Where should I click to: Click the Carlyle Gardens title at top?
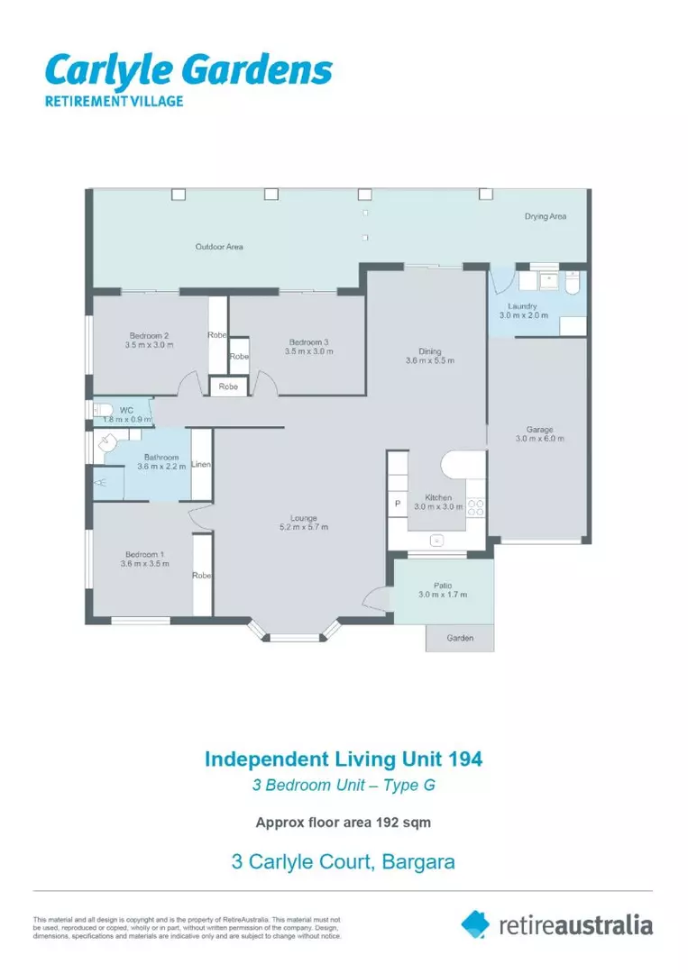pos(188,69)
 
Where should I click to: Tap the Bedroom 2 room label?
pos(149,340)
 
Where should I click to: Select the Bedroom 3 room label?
pos(308,346)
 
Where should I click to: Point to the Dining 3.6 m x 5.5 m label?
pos(428,356)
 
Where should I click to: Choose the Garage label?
pos(539,434)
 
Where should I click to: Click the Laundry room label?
pos(523,311)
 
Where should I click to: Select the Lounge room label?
pos(303,523)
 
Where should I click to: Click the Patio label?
pos(442,589)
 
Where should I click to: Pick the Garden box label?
pos(460,638)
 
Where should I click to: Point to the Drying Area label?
pos(546,216)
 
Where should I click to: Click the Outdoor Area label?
pos(219,246)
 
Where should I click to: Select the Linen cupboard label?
pos(201,465)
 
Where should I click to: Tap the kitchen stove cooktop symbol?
pos(475,506)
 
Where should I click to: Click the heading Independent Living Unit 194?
pos(344,759)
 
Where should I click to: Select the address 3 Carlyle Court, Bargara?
pos(344,861)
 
